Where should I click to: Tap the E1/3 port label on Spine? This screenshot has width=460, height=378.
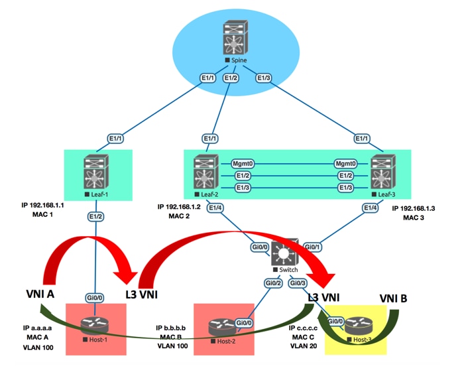[x=264, y=78]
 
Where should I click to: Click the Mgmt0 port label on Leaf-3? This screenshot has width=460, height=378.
[x=345, y=162]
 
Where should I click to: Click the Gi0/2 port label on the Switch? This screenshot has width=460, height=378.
[x=272, y=283]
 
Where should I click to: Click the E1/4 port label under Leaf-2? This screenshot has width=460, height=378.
[x=216, y=208]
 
